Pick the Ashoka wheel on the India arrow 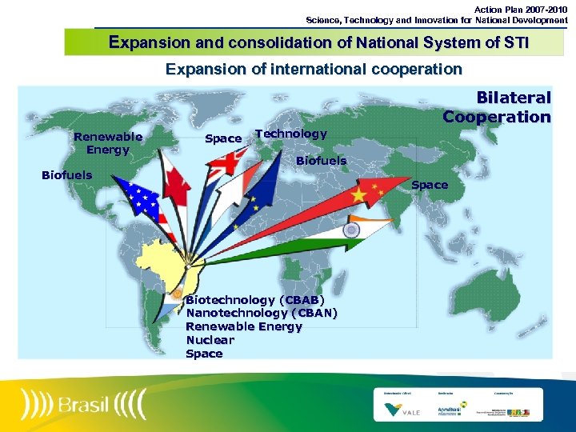(350, 230)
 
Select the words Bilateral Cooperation (497, 107)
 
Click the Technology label (290, 134)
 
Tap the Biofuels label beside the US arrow (66, 175)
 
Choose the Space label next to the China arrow (430, 185)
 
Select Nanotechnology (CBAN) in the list (262, 313)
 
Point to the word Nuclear (210, 340)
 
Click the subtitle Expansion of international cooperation (314, 69)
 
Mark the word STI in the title (512, 42)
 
